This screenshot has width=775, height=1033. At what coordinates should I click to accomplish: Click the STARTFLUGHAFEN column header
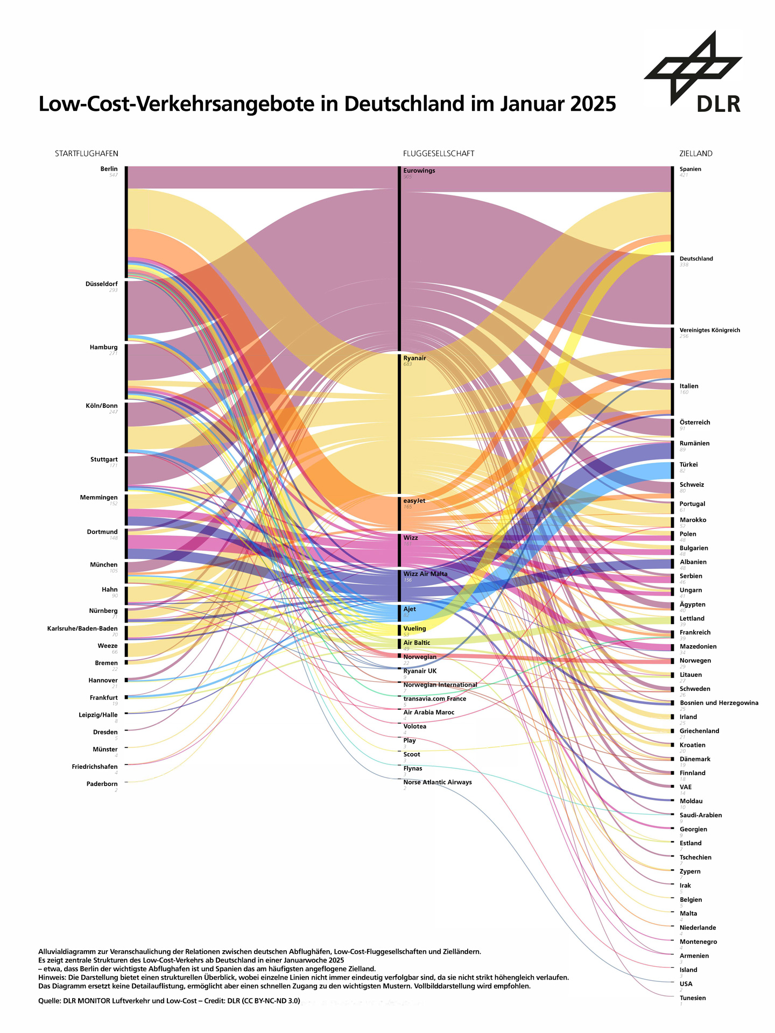pyautogui.click(x=86, y=154)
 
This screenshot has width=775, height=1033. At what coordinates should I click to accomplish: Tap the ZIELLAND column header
pyautogui.click(x=695, y=154)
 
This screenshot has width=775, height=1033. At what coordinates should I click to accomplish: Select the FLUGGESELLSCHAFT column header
pyautogui.click(x=439, y=154)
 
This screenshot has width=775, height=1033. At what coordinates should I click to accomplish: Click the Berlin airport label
pyautogui.click(x=109, y=169)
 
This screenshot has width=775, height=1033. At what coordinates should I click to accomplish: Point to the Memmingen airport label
pyautogui.click(x=98, y=498)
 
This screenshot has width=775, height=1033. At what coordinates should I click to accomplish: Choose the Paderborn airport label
pyautogui.click(x=102, y=784)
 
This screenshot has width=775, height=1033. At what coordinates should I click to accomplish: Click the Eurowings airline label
pyautogui.click(x=419, y=171)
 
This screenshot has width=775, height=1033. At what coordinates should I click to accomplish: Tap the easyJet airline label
pyautogui.click(x=414, y=501)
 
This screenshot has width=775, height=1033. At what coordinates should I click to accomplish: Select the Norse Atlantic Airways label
pyautogui.click(x=438, y=782)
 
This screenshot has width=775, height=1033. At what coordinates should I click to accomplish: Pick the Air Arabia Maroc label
pyautogui.click(x=429, y=712)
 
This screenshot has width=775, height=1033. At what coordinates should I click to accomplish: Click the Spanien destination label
pyautogui.click(x=690, y=169)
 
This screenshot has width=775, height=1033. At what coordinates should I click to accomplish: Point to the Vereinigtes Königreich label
pyautogui.click(x=709, y=330)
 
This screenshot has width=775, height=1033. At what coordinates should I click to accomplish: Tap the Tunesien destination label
pyautogui.click(x=693, y=998)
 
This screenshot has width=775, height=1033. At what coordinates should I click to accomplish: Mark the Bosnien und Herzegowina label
pyautogui.click(x=719, y=703)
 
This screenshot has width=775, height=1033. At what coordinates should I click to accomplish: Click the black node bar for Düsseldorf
pyautogui.click(x=126, y=310)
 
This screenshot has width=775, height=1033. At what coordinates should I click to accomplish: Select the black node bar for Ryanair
pyautogui.click(x=399, y=423)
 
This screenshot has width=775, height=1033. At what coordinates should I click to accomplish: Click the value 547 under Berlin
pyautogui.click(x=113, y=175)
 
